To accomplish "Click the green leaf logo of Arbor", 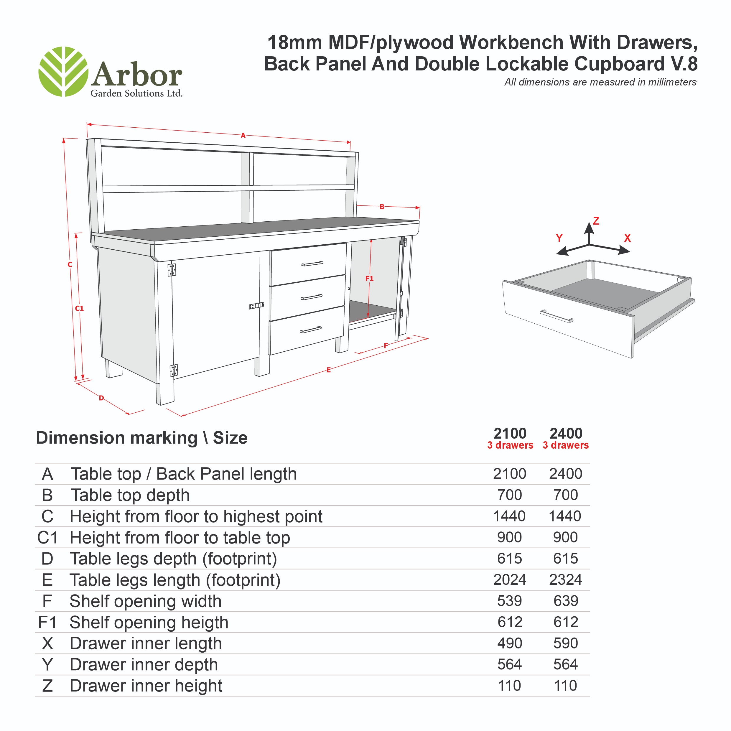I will [x=63, y=72].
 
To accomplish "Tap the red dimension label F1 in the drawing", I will [x=369, y=279].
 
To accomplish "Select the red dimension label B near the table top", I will [x=382, y=207].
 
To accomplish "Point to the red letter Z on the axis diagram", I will [x=596, y=221].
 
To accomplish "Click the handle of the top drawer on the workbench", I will [x=312, y=263].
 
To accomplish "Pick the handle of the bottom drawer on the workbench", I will [x=311, y=330].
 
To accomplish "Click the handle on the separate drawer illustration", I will [x=556, y=316].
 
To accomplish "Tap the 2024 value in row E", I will [x=509, y=580].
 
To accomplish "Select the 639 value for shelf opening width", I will [x=565, y=601].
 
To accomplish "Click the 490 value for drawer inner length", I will [x=509, y=643].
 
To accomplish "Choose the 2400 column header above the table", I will [x=566, y=433].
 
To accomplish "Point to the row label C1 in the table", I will [x=47, y=538].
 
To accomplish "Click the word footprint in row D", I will [x=240, y=559].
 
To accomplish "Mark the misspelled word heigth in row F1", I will [x=205, y=623].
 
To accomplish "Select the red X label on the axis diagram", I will [x=627, y=238].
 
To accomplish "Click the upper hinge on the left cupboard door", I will [x=172, y=270].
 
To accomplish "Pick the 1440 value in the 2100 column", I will [x=509, y=516].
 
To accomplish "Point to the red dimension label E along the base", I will [x=328, y=370].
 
